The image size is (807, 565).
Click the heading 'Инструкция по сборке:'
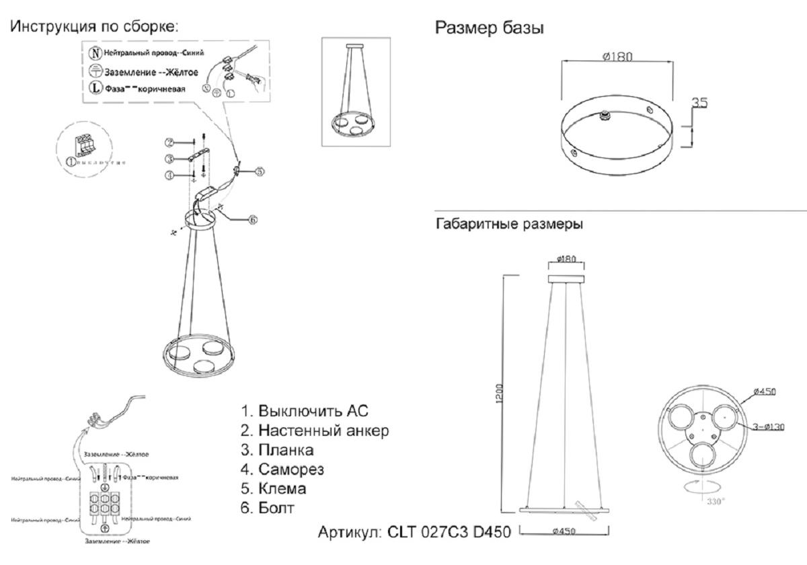click(x=95, y=28)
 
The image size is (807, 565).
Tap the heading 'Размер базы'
click(x=490, y=28)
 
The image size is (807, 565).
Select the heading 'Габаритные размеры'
click(x=510, y=224)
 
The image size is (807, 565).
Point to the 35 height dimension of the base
click(x=699, y=104)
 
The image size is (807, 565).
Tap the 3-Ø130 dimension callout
click(x=760, y=427)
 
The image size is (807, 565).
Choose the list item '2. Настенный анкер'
click(x=315, y=430)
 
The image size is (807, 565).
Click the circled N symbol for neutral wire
click(x=95, y=52)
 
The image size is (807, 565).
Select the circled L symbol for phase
click(x=95, y=87)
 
